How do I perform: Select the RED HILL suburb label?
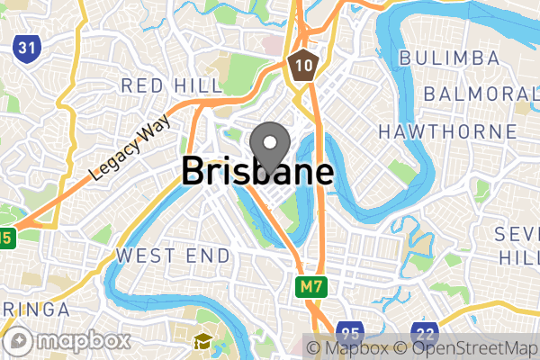point(172,85)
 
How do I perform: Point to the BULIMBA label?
point(449,58)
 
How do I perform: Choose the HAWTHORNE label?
point(448,131)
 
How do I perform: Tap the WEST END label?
point(173,256)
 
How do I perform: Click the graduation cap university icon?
point(202,340)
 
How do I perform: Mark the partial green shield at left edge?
point(7,238)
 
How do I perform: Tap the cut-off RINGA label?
point(34,310)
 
